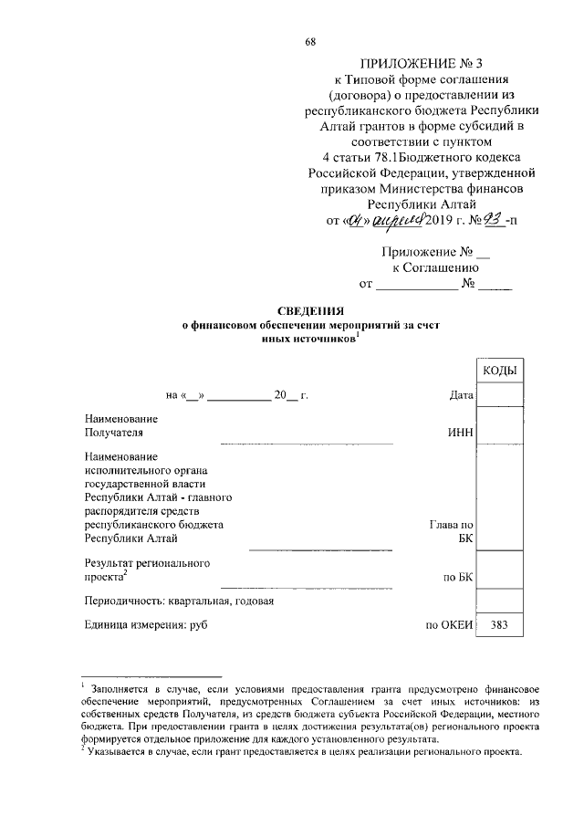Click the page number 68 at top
coord(310,42)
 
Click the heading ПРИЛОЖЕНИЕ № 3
coord(409,63)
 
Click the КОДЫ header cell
coord(499,371)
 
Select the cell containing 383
coord(499,625)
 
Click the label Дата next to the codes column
coord(461,395)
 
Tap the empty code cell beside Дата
coord(499,395)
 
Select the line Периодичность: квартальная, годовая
coord(179,601)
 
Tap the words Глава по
coord(451,525)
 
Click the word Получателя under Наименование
coord(114,433)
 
